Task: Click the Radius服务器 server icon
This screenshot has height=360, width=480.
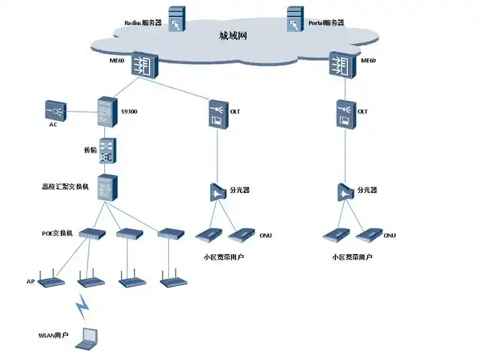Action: pos(176,18)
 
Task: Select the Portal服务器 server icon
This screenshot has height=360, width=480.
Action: pos(295,18)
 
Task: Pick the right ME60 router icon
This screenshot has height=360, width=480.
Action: pos(342,65)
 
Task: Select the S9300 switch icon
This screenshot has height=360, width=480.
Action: pos(108,112)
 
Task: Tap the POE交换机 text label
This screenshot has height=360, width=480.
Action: pos(58,233)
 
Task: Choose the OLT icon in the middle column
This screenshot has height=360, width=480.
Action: pos(217,114)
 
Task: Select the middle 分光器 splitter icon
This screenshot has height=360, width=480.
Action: pos(217,192)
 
